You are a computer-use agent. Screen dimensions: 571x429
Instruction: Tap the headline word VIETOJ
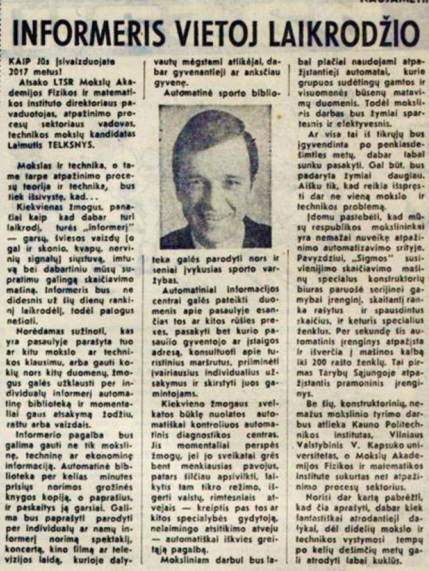coord(223,32)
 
